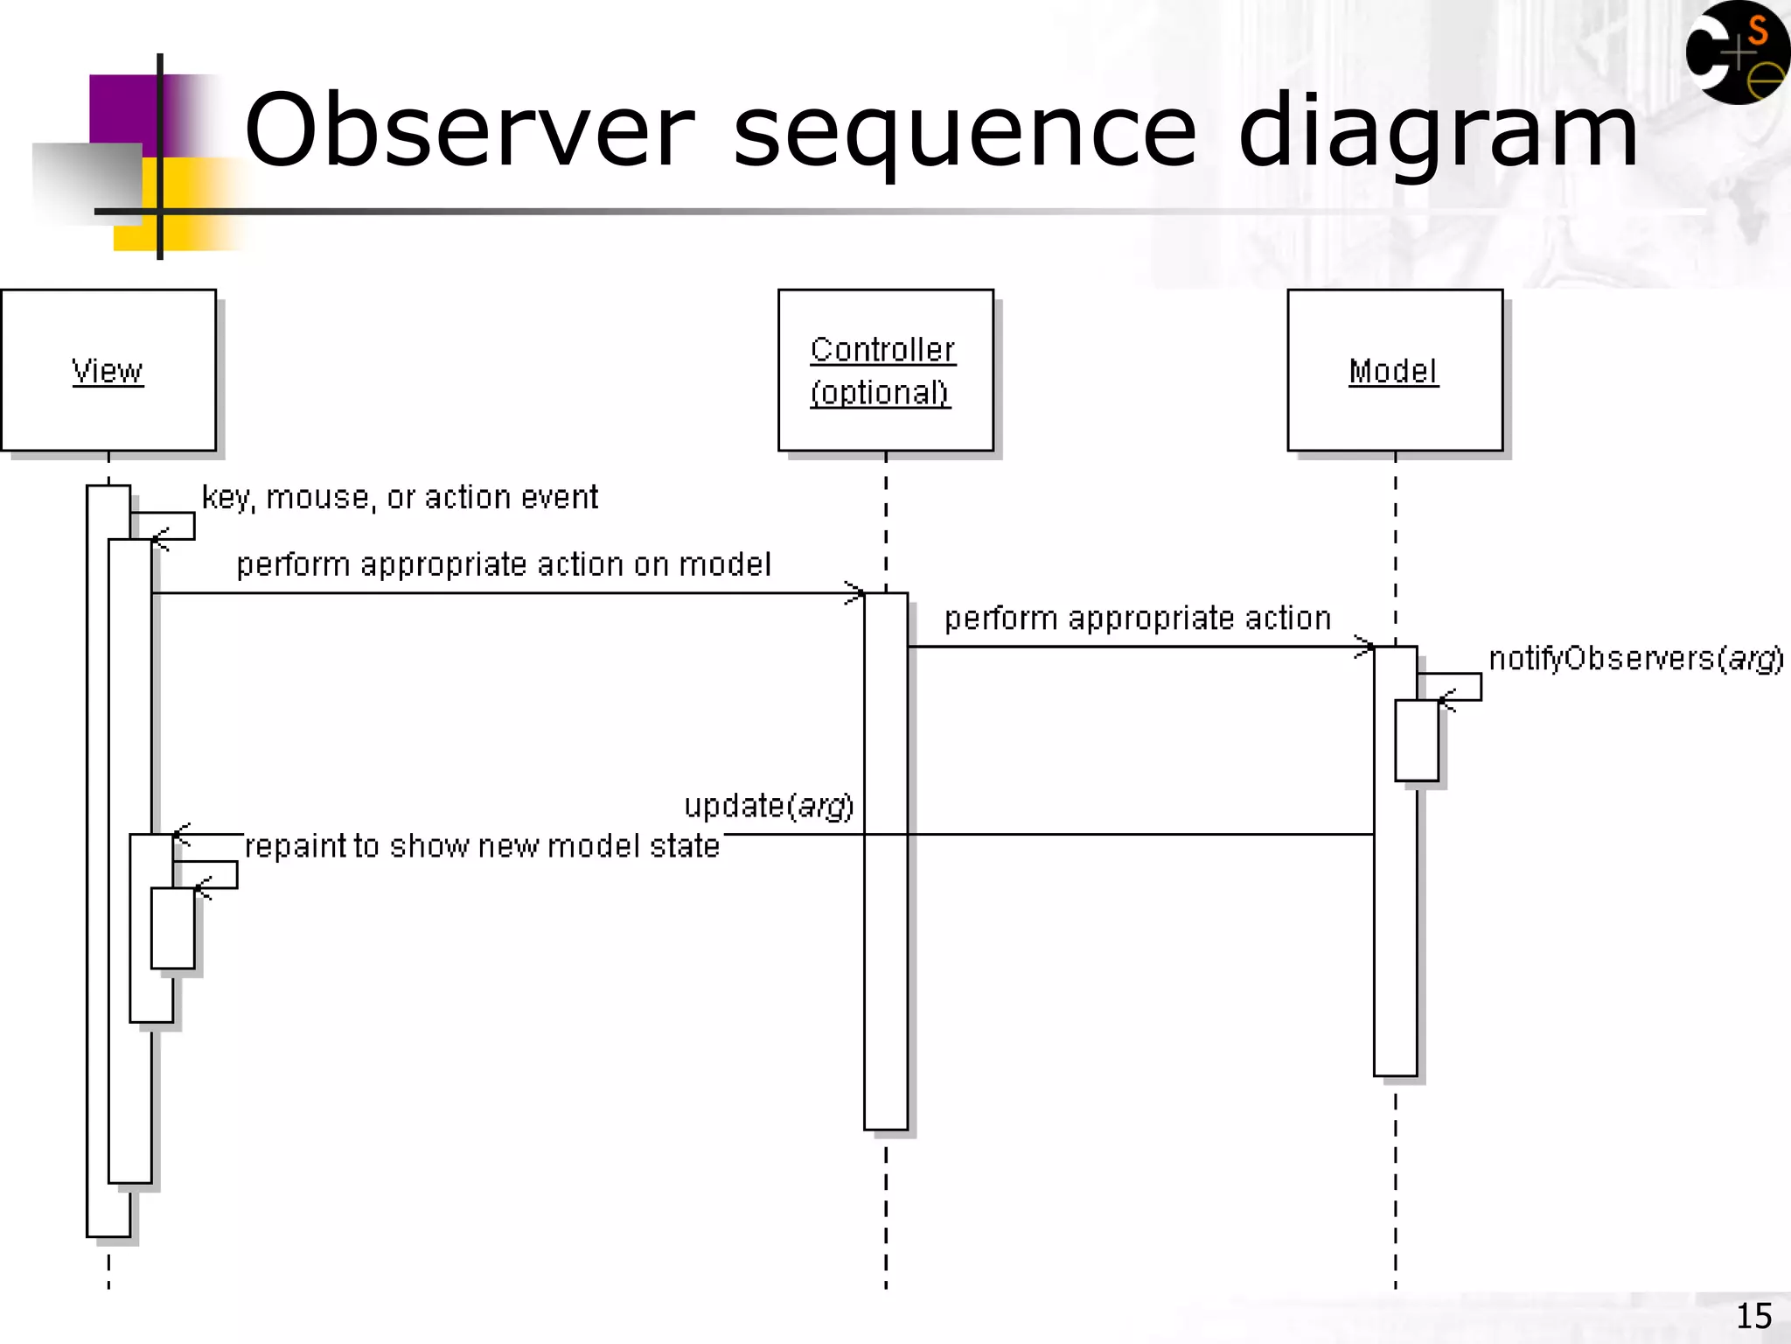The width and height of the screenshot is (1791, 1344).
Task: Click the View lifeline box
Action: pos(108,370)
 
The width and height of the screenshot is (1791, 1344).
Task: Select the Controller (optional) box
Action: pos(885,370)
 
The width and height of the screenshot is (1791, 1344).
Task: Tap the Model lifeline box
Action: pos(1394,370)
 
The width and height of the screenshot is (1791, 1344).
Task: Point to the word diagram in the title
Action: pos(1438,131)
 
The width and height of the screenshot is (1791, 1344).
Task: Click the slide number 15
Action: pos(1753,1316)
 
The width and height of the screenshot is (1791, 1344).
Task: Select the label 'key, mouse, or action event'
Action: pos(400,497)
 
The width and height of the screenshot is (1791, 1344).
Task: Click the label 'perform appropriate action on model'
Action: pos(504,564)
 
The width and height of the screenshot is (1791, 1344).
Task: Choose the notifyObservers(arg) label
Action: pos(1635,658)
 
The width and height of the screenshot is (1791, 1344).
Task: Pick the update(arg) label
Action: pos(768,805)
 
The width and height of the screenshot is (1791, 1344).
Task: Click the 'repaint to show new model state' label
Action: pos(482,846)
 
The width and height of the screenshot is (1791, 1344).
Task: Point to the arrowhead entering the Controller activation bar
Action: pos(855,592)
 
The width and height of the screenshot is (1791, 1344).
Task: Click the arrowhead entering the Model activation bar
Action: pos(1365,647)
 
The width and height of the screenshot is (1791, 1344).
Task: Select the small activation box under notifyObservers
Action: pos(1416,740)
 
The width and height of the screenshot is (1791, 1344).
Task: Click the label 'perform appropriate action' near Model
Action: pos(1137,619)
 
